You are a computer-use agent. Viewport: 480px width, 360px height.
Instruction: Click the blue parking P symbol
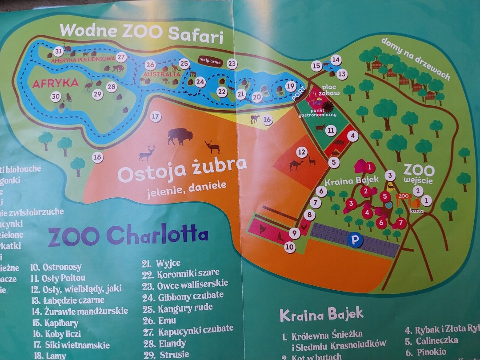[355, 240]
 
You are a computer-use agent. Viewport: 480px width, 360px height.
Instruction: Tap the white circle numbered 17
[155, 117]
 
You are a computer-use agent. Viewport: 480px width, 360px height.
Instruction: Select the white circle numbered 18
[97, 157]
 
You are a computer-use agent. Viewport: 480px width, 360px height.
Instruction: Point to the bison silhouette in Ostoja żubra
[180, 136]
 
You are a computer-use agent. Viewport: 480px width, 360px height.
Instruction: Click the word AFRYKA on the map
[55, 83]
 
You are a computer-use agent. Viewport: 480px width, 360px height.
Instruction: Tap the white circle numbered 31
[59, 51]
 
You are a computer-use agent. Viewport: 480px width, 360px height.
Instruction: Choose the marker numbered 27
[122, 57]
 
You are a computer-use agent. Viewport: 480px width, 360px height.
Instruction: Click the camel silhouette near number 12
[296, 165]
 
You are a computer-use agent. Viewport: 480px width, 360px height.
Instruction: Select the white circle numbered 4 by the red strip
[352, 136]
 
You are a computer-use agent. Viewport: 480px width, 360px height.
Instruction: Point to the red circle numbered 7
[401, 222]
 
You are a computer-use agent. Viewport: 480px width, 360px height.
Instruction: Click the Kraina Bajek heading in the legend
[321, 315]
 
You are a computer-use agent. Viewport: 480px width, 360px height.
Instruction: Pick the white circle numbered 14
[336, 60]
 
